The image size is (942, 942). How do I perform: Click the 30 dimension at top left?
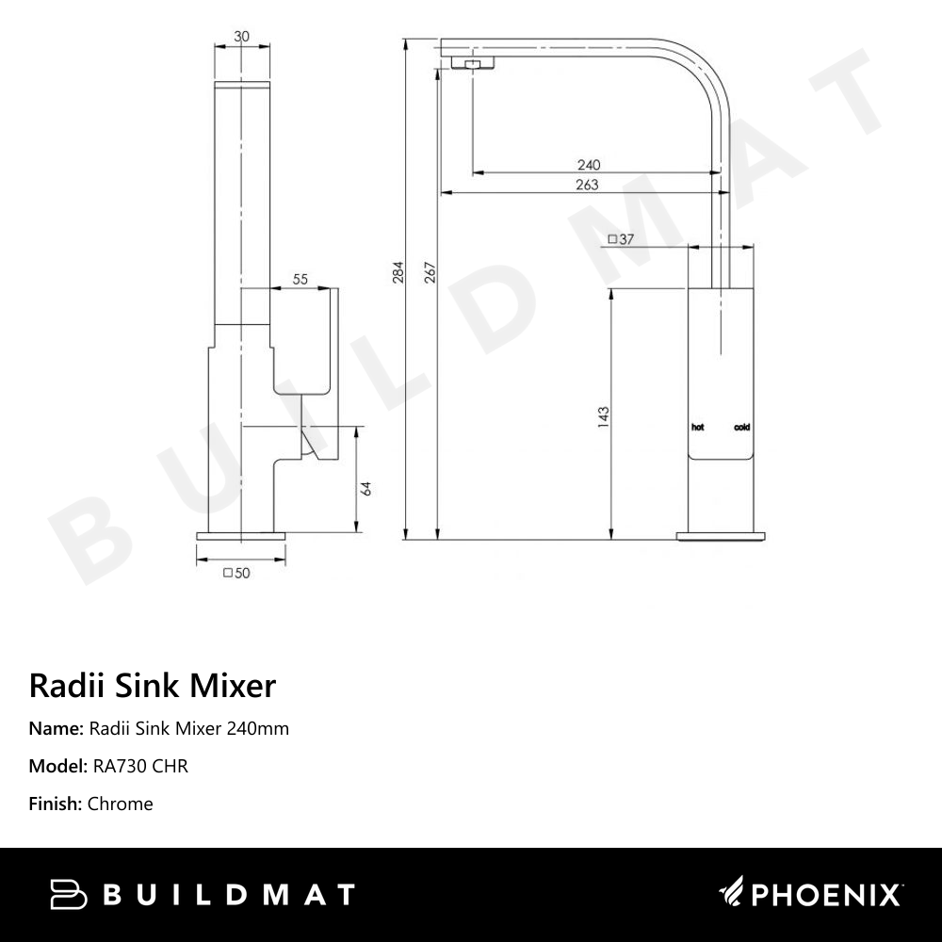pyautogui.click(x=242, y=37)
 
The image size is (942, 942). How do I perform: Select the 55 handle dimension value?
pyautogui.click(x=301, y=279)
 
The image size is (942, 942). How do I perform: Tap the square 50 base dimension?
pyautogui.click(x=235, y=572)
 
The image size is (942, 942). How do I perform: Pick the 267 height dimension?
pyautogui.click(x=430, y=273)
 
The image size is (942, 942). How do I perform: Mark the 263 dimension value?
pyautogui.click(x=586, y=186)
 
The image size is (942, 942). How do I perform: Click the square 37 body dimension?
pyautogui.click(x=621, y=239)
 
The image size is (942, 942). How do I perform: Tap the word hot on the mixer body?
pyautogui.click(x=698, y=428)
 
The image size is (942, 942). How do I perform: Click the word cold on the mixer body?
pyautogui.click(x=742, y=428)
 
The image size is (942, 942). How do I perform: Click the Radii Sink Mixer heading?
pyautogui.click(x=153, y=685)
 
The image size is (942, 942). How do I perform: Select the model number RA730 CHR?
pyautogui.click(x=140, y=766)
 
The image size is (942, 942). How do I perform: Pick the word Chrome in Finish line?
pyautogui.click(x=120, y=804)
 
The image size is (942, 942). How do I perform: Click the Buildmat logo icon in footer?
pyautogui.click(x=67, y=894)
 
